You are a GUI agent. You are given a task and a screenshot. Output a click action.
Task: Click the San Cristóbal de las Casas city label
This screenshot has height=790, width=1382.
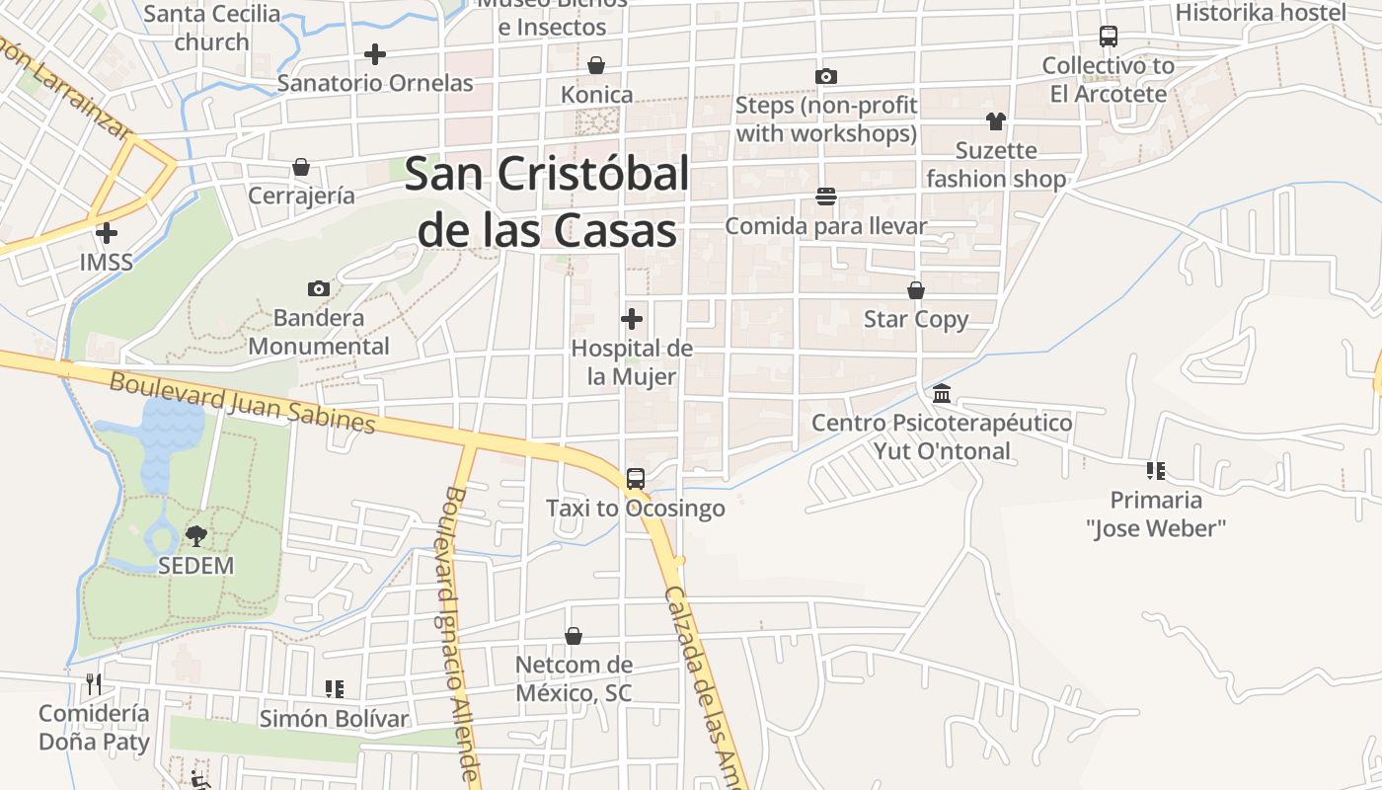547,202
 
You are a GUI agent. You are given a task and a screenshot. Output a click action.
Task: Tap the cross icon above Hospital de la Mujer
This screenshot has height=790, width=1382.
632,319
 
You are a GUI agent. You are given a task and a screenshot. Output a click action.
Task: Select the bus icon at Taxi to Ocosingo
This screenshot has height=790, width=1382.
636,479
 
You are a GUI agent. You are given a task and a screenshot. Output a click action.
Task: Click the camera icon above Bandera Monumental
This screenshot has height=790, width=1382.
318,288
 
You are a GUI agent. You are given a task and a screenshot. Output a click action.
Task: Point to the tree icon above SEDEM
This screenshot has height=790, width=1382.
196,536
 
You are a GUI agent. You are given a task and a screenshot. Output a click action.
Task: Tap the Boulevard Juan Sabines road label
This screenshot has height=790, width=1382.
242,401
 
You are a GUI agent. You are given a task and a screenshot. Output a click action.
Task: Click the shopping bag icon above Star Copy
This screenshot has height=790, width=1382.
916,290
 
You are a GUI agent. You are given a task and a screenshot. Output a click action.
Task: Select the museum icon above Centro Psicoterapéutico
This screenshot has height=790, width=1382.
942,393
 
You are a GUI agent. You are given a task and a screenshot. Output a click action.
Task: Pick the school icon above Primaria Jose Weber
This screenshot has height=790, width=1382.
1156,470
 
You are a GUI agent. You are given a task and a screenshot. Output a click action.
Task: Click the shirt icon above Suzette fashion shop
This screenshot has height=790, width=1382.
995,121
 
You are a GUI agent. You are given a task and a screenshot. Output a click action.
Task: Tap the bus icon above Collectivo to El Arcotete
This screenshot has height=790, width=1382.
1109,37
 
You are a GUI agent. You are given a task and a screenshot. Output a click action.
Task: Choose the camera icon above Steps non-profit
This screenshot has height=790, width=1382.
826,76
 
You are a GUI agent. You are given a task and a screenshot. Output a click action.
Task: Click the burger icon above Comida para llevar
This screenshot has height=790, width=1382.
826,197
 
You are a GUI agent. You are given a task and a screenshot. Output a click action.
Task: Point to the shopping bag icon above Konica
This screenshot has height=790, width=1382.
596,65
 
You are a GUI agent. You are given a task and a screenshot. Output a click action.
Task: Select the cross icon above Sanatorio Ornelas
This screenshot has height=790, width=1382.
375,53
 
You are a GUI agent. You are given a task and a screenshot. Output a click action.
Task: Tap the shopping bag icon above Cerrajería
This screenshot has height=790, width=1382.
300,167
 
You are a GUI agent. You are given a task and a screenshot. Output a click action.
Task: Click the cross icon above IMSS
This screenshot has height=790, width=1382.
107,233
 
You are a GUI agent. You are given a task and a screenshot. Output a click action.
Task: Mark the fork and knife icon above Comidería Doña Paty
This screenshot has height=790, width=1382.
94,683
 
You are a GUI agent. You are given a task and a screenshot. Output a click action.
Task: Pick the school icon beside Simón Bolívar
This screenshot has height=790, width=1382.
334,688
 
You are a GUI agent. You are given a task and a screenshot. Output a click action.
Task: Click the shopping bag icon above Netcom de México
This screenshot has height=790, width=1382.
574,636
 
